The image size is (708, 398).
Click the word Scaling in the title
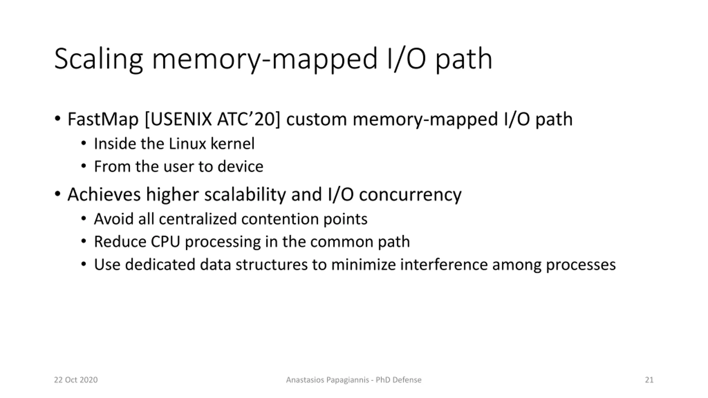(98, 59)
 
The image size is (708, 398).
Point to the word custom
(316, 119)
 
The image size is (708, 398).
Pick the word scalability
(245, 194)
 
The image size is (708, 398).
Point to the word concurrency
(410, 195)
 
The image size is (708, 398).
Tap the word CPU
(165, 242)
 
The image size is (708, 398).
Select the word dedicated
(160, 265)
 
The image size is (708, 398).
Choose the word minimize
(363, 265)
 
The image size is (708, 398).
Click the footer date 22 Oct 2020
(76, 380)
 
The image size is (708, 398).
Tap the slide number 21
(649, 380)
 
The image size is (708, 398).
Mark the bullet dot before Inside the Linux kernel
(84, 143)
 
